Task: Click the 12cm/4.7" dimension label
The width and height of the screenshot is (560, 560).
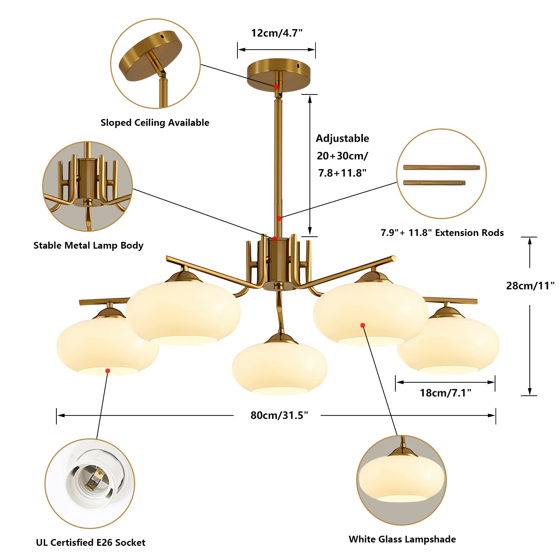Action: pos(277,33)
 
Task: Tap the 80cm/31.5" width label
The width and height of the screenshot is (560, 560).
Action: pos(279,415)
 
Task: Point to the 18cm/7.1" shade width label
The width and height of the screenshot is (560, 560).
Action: pos(445,393)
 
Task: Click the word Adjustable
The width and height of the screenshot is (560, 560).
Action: pos(342,139)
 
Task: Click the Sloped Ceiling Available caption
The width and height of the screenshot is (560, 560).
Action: pos(155,122)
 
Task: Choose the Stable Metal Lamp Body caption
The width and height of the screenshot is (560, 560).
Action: pos(88,245)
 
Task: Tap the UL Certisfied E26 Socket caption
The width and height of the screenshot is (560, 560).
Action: pos(91,542)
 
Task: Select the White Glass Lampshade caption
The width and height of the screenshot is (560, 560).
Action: pos(402,539)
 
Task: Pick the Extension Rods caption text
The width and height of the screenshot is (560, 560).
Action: pos(442,233)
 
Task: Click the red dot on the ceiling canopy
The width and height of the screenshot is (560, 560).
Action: pos(276,87)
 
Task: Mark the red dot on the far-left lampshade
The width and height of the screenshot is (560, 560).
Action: pos(108,371)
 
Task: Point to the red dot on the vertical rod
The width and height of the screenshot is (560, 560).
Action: pos(279,218)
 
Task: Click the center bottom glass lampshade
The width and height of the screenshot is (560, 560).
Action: pos(280,368)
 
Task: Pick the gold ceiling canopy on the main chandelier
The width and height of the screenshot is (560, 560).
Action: pos(279,71)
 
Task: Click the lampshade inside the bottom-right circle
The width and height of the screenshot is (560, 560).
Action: pos(402,480)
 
